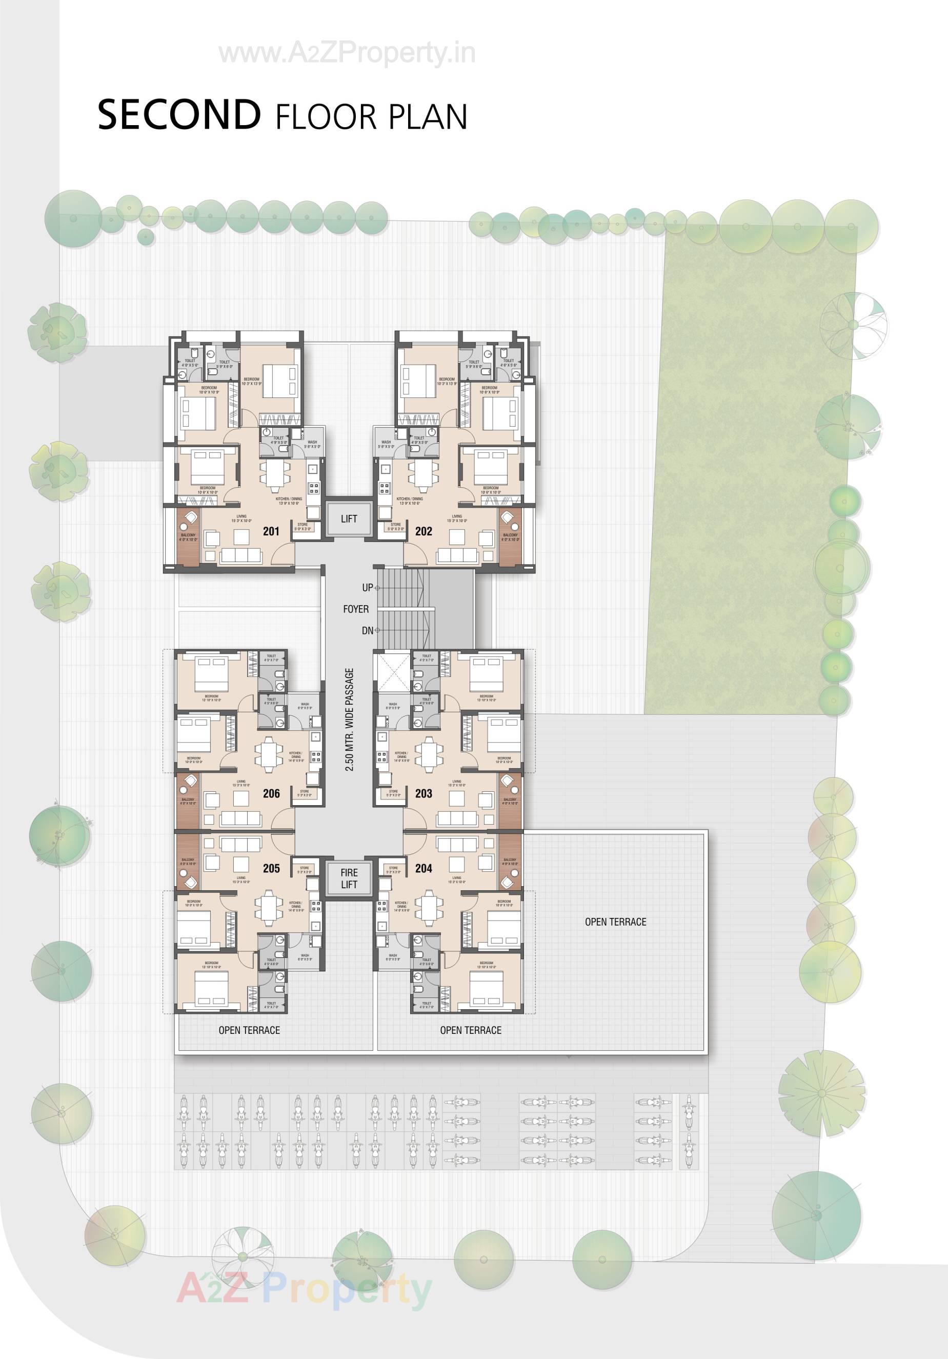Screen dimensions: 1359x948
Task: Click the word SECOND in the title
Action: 179,115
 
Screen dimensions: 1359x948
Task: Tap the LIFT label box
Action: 349,519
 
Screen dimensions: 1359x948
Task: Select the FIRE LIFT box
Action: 349,878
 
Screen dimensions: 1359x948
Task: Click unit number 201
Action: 271,531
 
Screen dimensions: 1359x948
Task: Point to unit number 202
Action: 423,531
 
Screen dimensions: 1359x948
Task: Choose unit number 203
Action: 423,793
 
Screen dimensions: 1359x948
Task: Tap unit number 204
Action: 423,868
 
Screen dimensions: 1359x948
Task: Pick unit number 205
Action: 271,868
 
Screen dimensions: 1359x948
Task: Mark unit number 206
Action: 271,793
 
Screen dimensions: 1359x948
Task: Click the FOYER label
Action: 356,609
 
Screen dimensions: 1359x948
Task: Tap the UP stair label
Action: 368,588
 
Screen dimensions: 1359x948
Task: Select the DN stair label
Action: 368,631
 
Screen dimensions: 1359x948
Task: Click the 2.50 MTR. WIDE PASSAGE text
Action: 349,720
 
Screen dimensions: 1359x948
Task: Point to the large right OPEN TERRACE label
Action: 615,922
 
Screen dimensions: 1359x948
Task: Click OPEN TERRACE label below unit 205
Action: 249,1030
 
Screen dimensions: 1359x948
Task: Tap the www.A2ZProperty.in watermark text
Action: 347,54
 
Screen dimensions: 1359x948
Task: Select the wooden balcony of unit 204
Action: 510,861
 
